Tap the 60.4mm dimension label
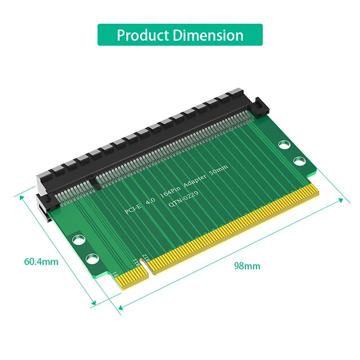pyautogui.click(x=42, y=261)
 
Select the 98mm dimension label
pyautogui.click(x=247, y=265)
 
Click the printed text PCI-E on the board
pyautogui.click(x=134, y=210)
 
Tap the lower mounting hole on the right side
pyautogui.click(x=298, y=161)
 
